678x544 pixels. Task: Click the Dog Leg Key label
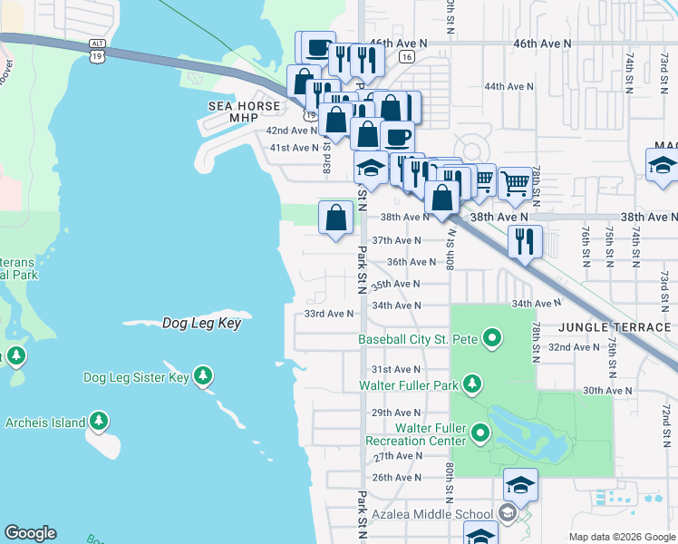coord(201,323)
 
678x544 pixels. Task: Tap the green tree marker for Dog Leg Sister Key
coord(204,376)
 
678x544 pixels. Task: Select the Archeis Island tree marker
coord(99,422)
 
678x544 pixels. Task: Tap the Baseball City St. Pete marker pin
coord(492,340)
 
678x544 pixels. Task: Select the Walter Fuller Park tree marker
coord(471,385)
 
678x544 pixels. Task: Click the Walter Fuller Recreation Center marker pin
coord(480,433)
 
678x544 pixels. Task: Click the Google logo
coord(30,533)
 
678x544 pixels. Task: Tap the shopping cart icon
coord(515,183)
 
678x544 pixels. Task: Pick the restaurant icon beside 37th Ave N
coord(525,241)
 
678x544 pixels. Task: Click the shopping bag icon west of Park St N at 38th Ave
coord(335,218)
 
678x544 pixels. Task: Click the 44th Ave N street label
coord(509,86)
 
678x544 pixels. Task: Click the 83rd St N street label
coord(327,163)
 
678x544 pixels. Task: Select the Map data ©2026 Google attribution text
coord(621,536)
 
